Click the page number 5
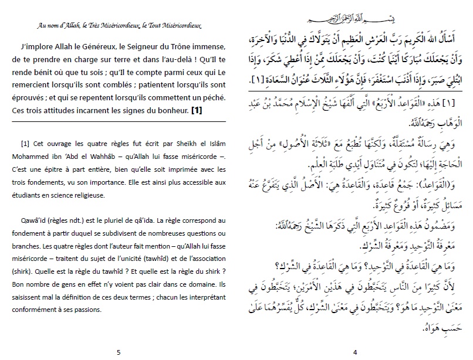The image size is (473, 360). (x=119, y=352)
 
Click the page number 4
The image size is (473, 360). (x=354, y=352)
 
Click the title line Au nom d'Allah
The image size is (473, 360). (x=119, y=25)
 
